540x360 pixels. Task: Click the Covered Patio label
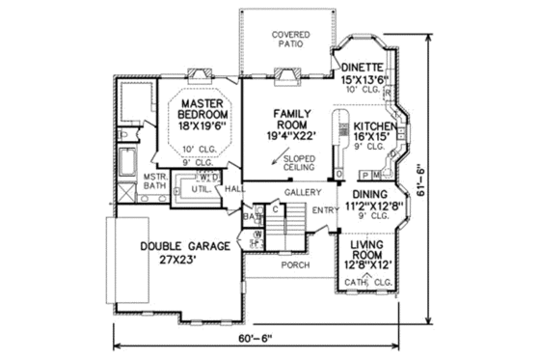(x=285, y=39)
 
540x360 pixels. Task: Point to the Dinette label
(x=363, y=67)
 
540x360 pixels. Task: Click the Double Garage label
(x=184, y=246)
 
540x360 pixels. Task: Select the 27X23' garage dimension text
(x=183, y=260)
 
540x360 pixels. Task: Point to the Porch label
(x=293, y=263)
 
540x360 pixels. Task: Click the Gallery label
(x=301, y=193)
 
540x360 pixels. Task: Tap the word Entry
(x=324, y=208)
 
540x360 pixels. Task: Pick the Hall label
(x=234, y=189)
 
